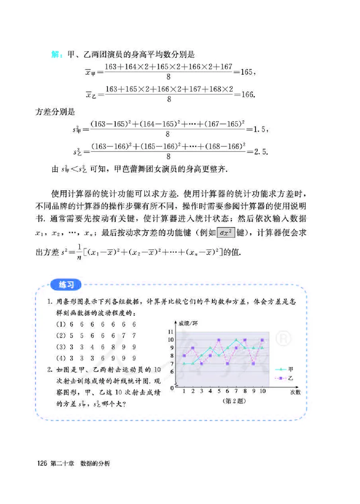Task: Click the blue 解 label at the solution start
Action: (x=57, y=55)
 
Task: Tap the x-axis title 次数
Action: (x=295, y=392)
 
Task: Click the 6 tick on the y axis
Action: (x=171, y=372)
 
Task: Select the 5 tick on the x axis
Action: (x=219, y=391)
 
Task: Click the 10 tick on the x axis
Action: (x=262, y=391)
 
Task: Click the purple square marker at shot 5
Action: (x=219, y=340)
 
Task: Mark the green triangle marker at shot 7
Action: (x=236, y=340)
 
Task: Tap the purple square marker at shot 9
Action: (x=254, y=363)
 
